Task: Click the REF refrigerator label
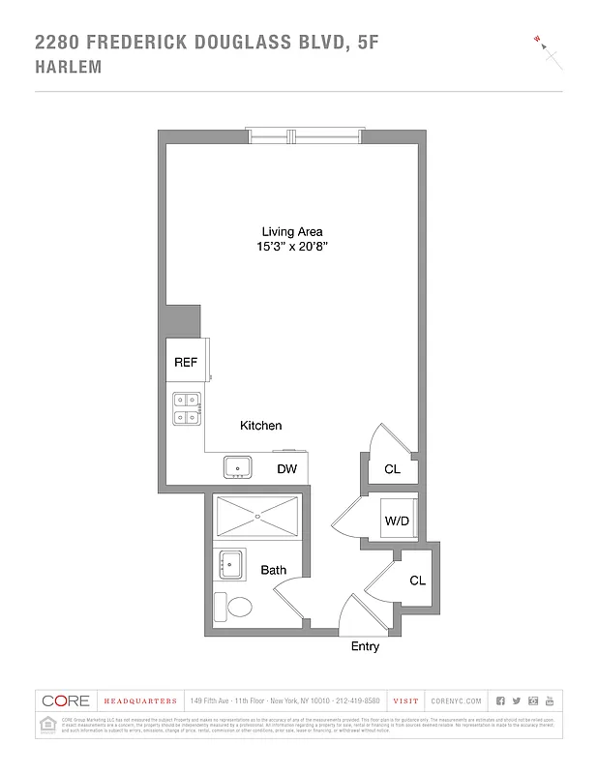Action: [x=186, y=363]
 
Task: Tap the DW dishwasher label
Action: [x=286, y=469]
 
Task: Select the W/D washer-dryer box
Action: [x=398, y=521]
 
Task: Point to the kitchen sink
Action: [x=238, y=467]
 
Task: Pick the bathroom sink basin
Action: [x=230, y=564]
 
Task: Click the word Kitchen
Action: [x=261, y=426]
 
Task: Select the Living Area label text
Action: [x=291, y=231]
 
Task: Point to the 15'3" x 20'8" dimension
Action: [x=291, y=248]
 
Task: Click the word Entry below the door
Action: [x=365, y=646]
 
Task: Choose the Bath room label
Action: [x=273, y=571]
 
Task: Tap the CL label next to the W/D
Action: [x=392, y=469]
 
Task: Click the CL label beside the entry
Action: [x=417, y=581]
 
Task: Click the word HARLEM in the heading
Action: [x=68, y=68]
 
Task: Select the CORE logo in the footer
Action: [x=64, y=700]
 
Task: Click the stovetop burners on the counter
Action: [x=186, y=408]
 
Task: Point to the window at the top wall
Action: [x=304, y=135]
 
